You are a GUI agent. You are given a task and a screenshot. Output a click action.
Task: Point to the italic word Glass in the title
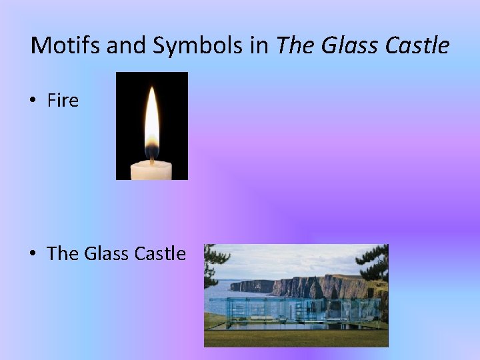[x=347, y=45]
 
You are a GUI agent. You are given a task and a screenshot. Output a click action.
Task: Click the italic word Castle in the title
[x=417, y=45]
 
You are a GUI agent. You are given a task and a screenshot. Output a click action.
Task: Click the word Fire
[x=63, y=101]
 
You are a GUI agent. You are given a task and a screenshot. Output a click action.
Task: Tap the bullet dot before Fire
[x=33, y=101]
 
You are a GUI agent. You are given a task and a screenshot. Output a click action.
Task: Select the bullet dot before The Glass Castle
[x=33, y=254]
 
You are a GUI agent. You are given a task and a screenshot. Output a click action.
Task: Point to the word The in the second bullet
[x=63, y=253]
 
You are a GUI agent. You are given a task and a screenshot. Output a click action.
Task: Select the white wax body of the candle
[x=151, y=170]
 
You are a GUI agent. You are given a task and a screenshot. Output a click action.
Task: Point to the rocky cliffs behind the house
[x=313, y=285]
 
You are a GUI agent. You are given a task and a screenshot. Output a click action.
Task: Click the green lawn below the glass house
[x=293, y=337]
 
